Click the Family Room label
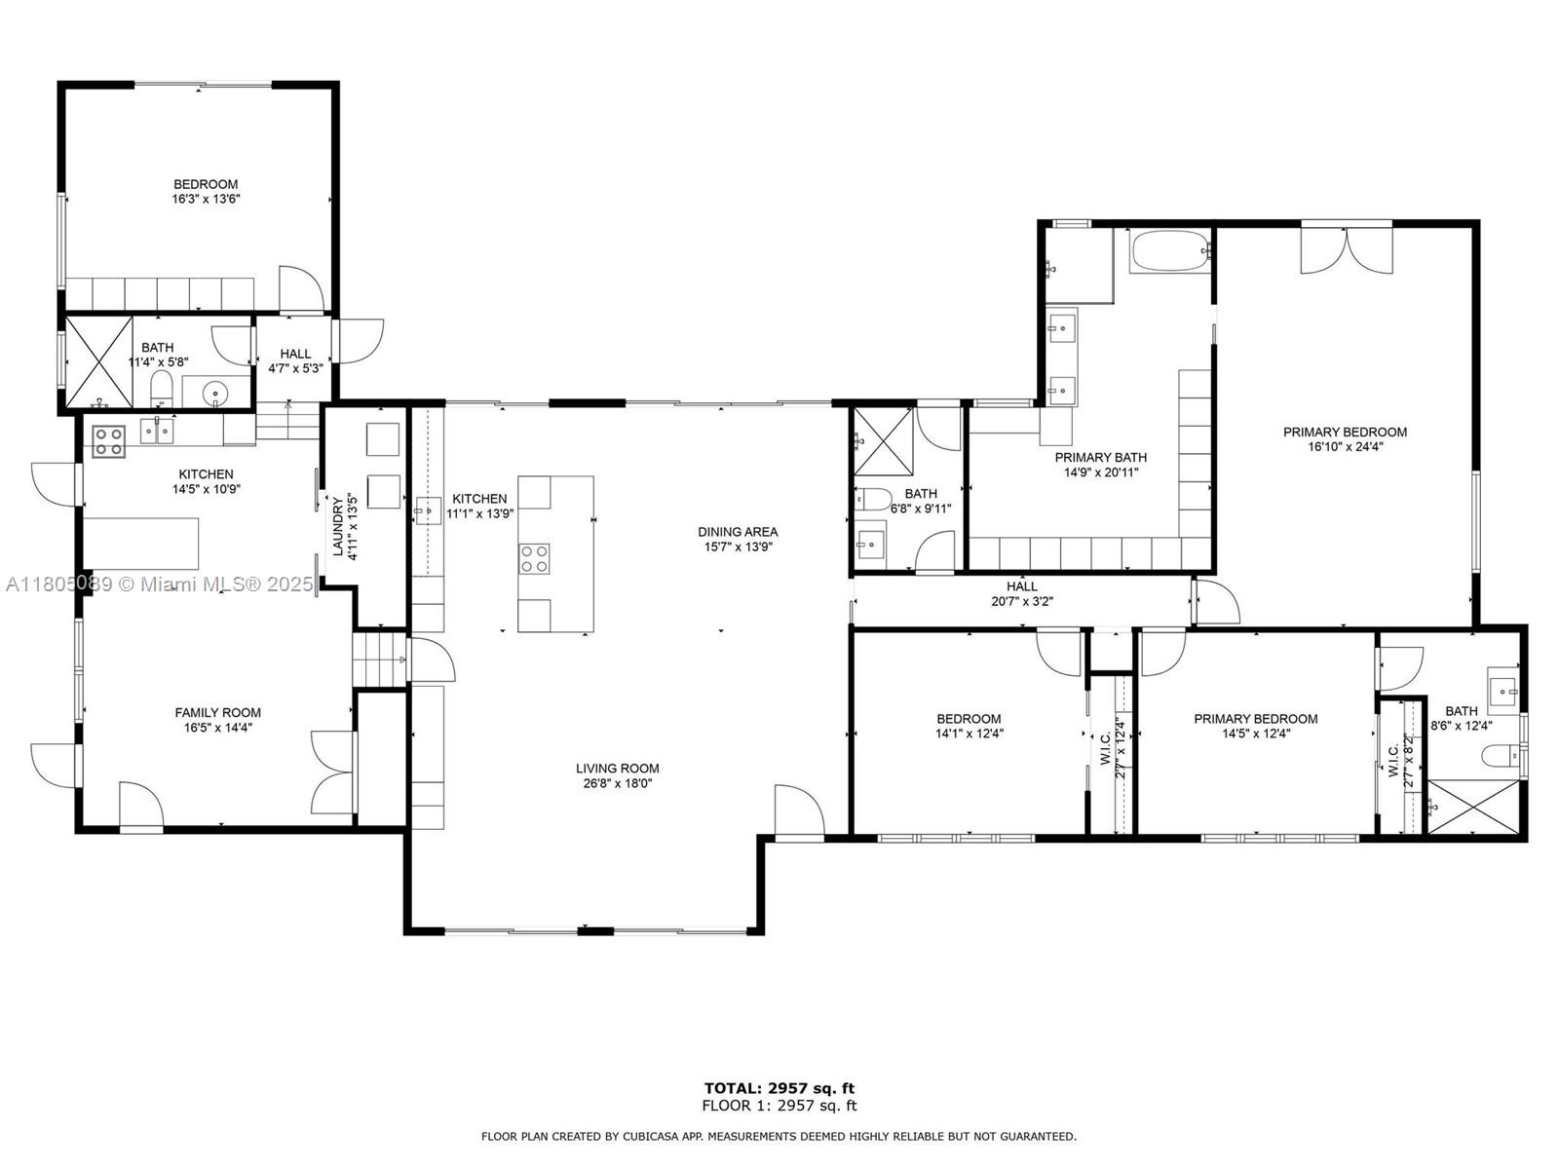coord(218,713)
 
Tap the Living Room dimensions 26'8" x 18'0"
coord(617,783)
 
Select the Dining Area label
coord(738,532)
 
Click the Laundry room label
coord(337,526)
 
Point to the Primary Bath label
coord(1101,458)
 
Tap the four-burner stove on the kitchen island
coord(534,558)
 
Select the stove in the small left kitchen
coord(109,440)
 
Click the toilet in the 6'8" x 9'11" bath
coord(873,499)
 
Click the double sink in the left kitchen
coord(157,432)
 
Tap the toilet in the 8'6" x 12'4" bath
coord(1502,755)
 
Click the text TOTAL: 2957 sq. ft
coord(779,1088)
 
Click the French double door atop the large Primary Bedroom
coord(1347,249)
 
